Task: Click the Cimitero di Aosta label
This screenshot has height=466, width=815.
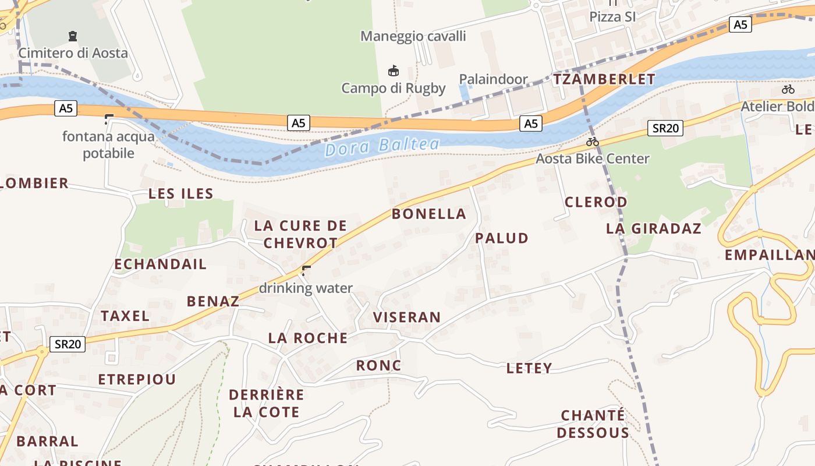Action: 73,53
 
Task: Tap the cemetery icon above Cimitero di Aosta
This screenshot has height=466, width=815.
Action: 73,36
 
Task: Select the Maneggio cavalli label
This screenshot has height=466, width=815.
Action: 413,36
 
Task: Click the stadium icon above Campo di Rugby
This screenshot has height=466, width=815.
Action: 394,71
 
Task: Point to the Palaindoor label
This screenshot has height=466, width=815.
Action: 493,79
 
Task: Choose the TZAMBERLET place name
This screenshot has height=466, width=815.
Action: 604,79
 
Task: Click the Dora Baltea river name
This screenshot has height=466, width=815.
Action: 382,146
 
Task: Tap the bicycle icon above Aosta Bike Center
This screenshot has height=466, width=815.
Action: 593,142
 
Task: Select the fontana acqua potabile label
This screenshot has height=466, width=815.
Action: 109,145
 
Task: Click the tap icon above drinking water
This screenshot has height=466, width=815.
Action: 306,270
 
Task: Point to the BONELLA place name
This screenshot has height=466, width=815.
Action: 429,214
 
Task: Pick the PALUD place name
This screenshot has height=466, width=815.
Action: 502,238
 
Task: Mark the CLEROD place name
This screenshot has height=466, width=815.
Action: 596,202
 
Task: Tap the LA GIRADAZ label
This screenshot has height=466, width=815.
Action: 654,228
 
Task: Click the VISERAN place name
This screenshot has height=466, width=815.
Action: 407,317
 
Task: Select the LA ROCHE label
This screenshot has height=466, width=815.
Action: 308,338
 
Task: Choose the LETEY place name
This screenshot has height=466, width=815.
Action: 529,368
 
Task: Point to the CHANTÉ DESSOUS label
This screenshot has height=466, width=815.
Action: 593,424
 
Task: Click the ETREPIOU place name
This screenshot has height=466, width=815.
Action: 137,380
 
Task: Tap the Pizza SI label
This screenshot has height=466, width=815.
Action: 612,17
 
